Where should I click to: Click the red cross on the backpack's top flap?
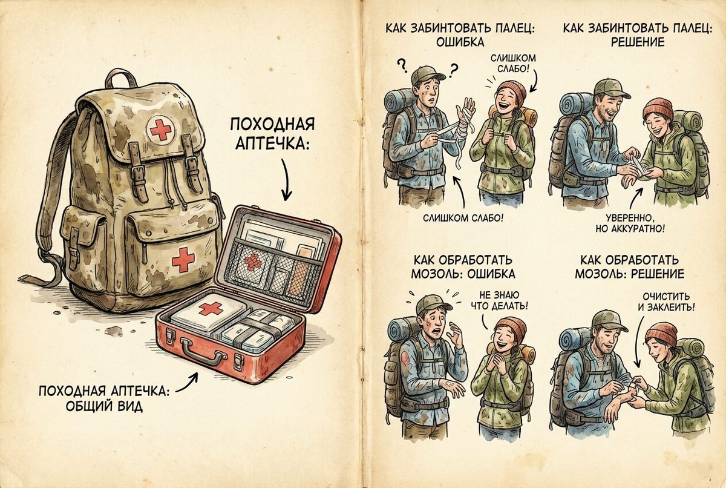160,128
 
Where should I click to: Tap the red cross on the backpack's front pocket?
183,260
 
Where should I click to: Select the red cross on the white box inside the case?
211,309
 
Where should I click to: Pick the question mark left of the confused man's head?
401,64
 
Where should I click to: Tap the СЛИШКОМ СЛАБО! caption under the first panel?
463,216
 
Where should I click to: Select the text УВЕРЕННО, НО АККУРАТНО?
634,222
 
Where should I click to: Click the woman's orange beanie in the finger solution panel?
658,108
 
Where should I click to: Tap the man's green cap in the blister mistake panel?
430,303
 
